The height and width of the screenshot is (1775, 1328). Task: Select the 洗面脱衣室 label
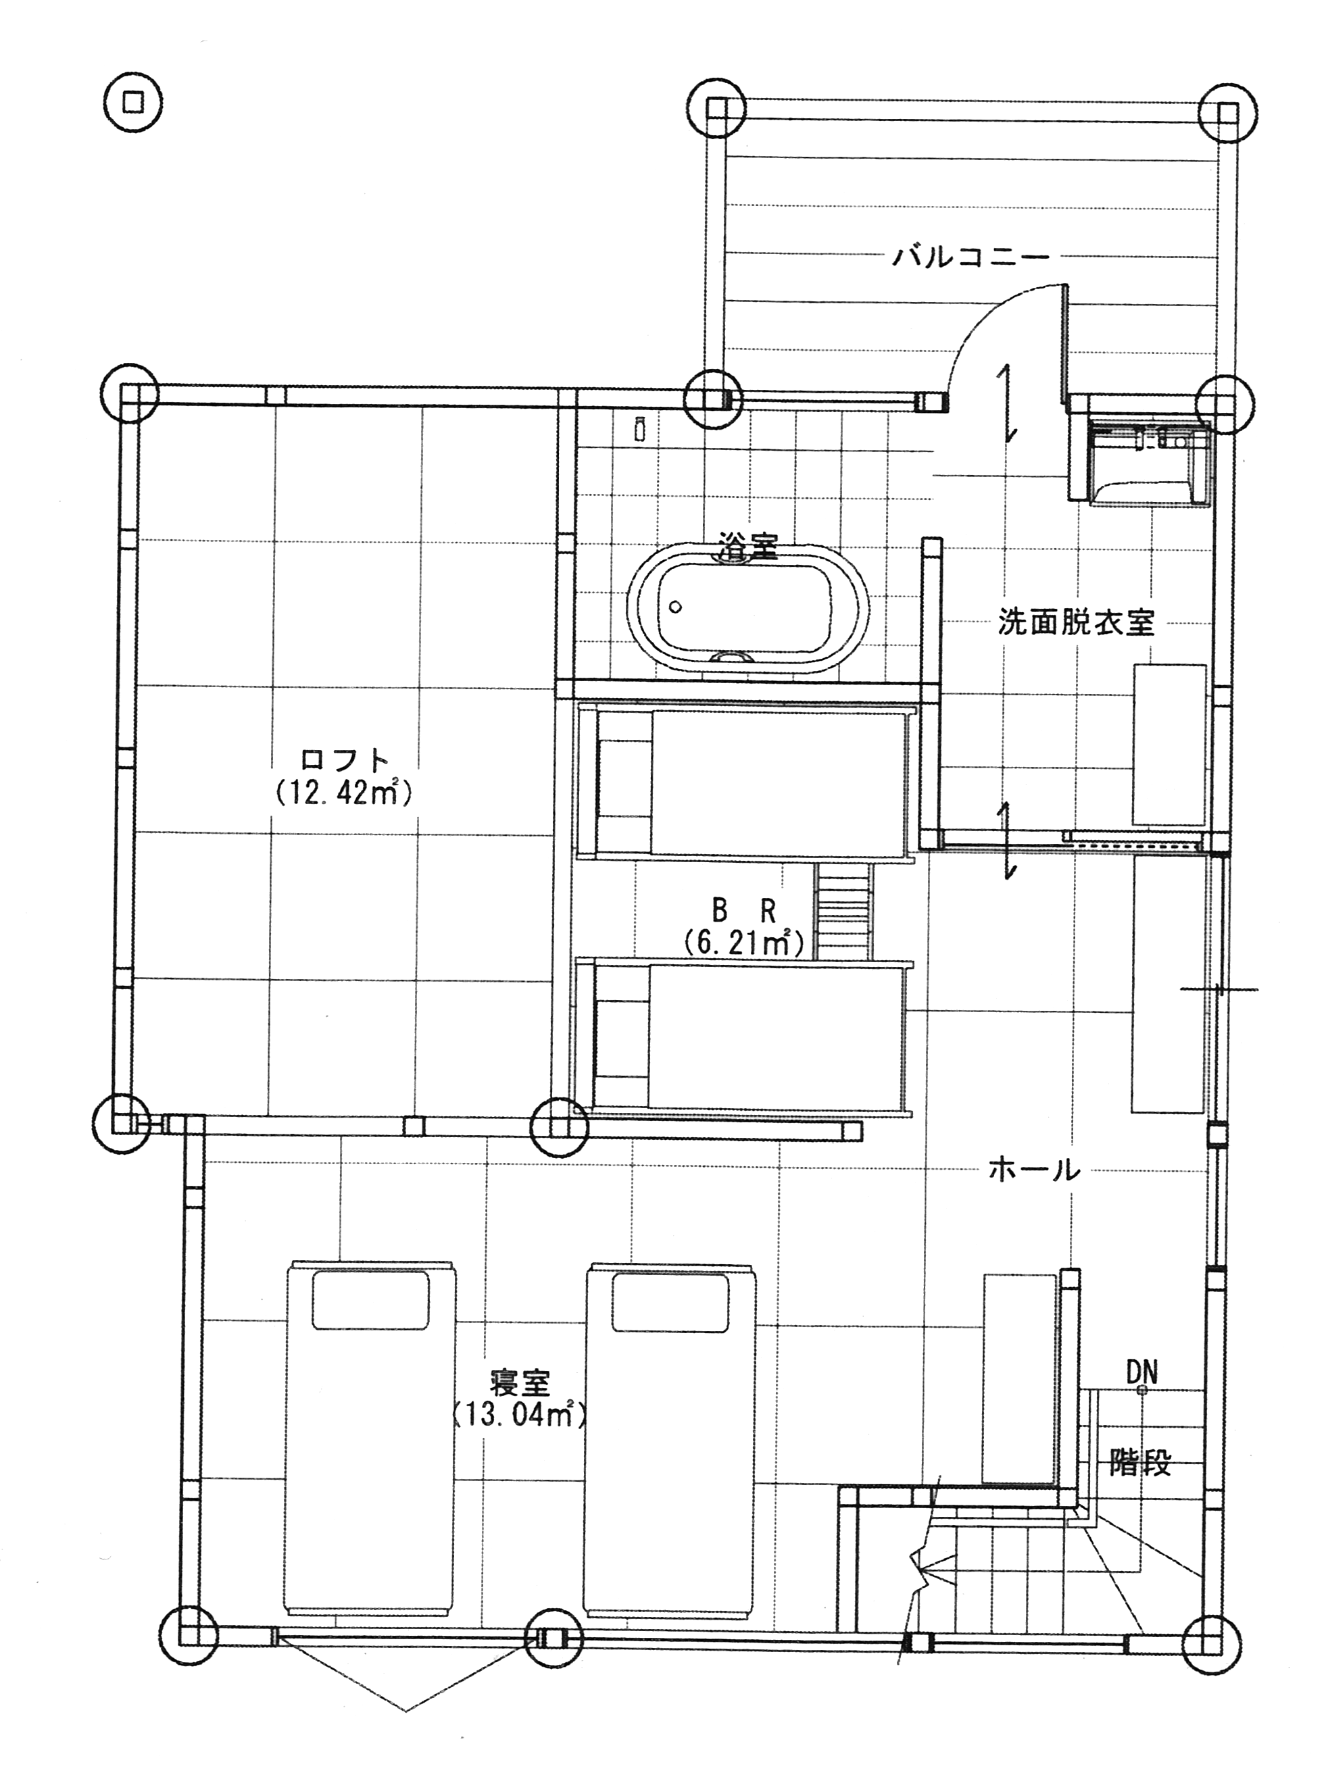(1075, 623)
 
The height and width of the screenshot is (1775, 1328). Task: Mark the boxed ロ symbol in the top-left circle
(133, 103)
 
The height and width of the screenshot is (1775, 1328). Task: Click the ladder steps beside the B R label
(843, 911)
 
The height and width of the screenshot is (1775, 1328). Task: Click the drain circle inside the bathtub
(676, 607)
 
